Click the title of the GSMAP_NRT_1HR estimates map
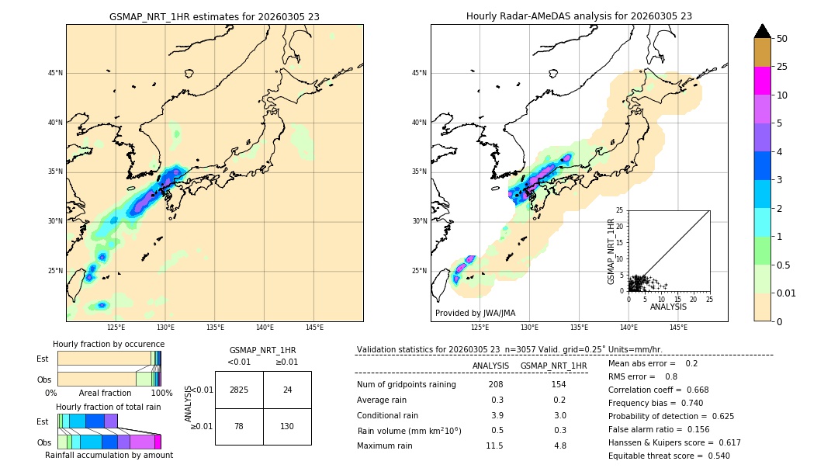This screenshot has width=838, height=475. pos(214,16)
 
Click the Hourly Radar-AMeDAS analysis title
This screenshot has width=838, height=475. pos(579,16)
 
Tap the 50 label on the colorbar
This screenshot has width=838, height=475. pos(782,38)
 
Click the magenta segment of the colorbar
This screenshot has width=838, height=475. pos(762,81)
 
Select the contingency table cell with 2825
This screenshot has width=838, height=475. pos(239,390)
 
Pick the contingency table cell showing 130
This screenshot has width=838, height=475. pos(287,426)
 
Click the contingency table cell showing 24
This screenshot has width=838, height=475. pos(287,390)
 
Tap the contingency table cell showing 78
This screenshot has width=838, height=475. pos(239,426)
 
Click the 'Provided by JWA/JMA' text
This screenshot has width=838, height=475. pos(474,314)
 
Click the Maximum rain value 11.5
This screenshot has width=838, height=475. pos(494,446)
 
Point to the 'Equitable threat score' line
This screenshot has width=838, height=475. pos(669,456)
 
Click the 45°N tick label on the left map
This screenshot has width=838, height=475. pos(55,73)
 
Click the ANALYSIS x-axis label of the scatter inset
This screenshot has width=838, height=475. pos(668,307)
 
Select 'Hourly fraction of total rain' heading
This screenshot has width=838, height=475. pos(108,407)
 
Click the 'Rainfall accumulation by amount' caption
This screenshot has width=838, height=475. pos(109,455)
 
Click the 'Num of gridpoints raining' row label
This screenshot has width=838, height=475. pos(406,384)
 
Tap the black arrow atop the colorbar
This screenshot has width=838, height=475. pos(762,31)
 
